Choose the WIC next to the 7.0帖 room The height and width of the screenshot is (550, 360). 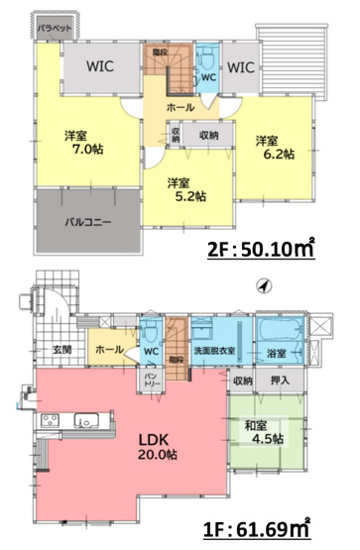pos(99,68)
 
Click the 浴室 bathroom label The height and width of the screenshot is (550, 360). pos(276,353)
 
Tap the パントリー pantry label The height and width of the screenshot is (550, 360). pos(150,380)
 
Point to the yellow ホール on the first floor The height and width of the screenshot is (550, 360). pos(108,350)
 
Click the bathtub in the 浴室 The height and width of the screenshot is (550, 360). pos(279,331)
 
